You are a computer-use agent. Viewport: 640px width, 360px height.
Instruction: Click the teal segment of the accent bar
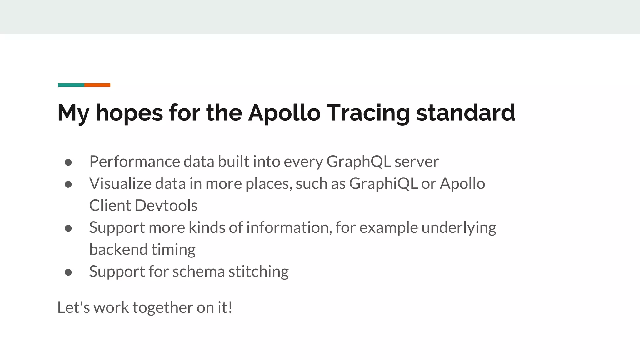[71, 85]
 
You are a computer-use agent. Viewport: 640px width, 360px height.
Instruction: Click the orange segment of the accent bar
[97, 85]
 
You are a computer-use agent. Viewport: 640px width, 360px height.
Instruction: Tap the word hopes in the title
[129, 113]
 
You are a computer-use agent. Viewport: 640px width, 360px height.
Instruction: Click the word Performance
[135, 162]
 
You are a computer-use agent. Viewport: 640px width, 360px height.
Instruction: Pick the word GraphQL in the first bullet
[359, 162]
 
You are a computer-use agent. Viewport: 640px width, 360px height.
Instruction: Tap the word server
[417, 162]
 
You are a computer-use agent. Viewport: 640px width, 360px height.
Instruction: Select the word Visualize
[120, 183]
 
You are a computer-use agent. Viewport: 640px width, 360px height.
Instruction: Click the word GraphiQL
[383, 183]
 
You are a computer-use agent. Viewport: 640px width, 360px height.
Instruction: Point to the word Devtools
[166, 206]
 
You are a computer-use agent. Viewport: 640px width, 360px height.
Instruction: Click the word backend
[118, 249]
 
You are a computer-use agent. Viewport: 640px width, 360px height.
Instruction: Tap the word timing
[173, 250]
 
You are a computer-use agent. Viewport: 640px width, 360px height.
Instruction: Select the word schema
[198, 271]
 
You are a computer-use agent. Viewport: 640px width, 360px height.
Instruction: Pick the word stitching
[258, 272]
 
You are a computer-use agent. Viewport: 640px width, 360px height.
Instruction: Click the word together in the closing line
[162, 308]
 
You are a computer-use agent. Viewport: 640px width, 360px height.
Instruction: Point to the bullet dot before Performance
[68, 162]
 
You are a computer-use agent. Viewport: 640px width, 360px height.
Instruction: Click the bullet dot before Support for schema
[68, 272]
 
